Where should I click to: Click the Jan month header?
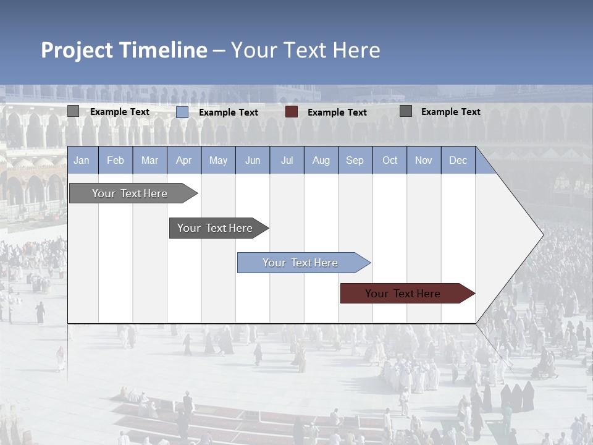(x=82, y=160)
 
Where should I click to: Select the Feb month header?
(x=116, y=160)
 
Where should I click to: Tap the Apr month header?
(x=183, y=160)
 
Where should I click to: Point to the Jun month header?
(x=253, y=160)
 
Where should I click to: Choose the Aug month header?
(x=321, y=160)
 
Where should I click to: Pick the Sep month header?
(x=355, y=160)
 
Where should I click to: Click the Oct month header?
(x=390, y=160)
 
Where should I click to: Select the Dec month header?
(x=458, y=160)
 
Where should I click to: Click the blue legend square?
(x=182, y=112)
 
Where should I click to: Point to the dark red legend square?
(x=292, y=112)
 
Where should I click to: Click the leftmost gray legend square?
(x=74, y=111)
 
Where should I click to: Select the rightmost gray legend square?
(x=406, y=111)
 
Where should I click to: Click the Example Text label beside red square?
(x=337, y=112)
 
